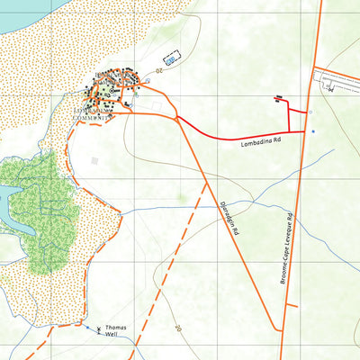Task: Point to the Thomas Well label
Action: (116, 332)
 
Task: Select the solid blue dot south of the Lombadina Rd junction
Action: (313, 132)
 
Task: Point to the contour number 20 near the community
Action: (158, 68)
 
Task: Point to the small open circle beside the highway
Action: (310, 112)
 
